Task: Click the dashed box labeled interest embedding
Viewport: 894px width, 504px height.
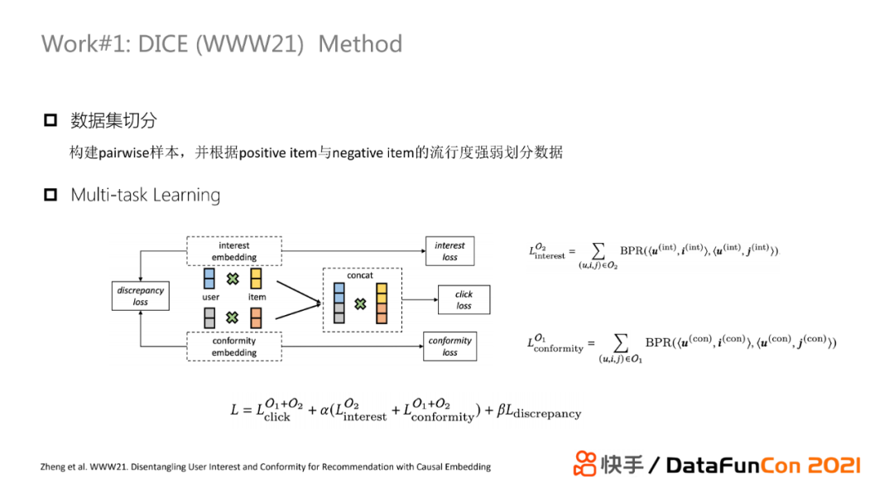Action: (x=234, y=250)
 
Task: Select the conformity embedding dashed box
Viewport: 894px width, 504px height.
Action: (x=234, y=346)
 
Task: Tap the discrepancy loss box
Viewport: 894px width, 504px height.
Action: (x=141, y=296)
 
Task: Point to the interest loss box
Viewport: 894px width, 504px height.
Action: (x=449, y=250)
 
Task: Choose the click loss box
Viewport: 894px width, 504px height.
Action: (x=464, y=299)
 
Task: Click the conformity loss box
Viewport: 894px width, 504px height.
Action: (x=449, y=346)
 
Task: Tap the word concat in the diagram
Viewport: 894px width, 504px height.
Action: (x=361, y=275)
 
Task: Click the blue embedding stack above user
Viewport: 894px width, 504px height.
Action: (x=210, y=278)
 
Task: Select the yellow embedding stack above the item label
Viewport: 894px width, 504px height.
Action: (x=257, y=278)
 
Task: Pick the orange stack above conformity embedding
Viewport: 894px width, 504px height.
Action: (x=257, y=317)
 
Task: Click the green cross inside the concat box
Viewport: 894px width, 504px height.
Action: (x=360, y=304)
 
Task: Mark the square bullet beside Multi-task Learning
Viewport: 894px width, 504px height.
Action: (x=50, y=196)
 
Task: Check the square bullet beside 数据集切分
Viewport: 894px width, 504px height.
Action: (x=50, y=121)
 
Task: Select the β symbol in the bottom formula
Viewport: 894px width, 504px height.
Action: (x=502, y=410)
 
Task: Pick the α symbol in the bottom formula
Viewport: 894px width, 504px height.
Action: (x=324, y=410)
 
